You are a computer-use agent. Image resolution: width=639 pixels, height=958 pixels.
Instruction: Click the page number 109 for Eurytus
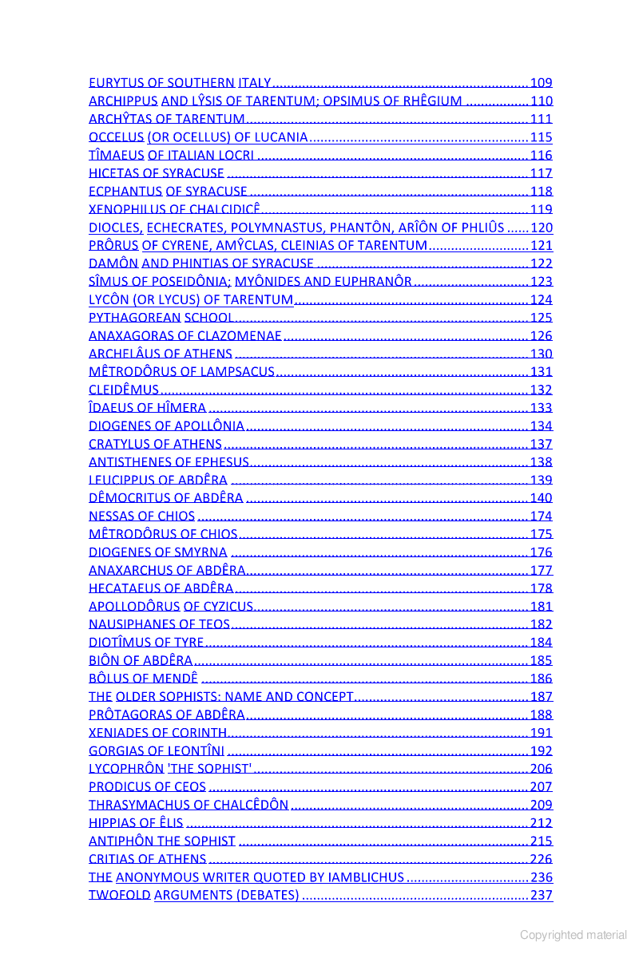pos(542,82)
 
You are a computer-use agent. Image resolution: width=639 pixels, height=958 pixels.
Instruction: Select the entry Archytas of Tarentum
pos(166,119)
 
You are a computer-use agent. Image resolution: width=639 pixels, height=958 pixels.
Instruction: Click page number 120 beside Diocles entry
pos(542,228)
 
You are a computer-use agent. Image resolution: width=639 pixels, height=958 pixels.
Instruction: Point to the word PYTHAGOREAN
pos(135,318)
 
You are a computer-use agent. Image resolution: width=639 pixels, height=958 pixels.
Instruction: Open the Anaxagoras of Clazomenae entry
pos(185,336)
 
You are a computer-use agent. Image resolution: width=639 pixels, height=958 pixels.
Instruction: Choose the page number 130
pos(542,354)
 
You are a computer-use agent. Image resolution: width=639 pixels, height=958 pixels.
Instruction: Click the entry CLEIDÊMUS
pos(124,390)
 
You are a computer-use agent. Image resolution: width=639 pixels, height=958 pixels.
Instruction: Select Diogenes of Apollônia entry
pos(166,426)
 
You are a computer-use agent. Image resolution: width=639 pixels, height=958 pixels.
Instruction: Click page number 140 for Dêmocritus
pos(542,498)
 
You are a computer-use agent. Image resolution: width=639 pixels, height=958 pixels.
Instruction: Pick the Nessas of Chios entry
pos(141,517)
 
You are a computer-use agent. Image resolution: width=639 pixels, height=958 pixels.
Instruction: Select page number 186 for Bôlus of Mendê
pos(542,679)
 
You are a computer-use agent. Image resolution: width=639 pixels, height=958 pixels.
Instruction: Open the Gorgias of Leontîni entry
pos(157,751)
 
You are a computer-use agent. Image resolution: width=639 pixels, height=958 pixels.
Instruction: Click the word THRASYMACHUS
pos(139,805)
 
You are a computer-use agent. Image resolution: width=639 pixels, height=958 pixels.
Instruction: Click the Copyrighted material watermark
pos(574,935)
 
